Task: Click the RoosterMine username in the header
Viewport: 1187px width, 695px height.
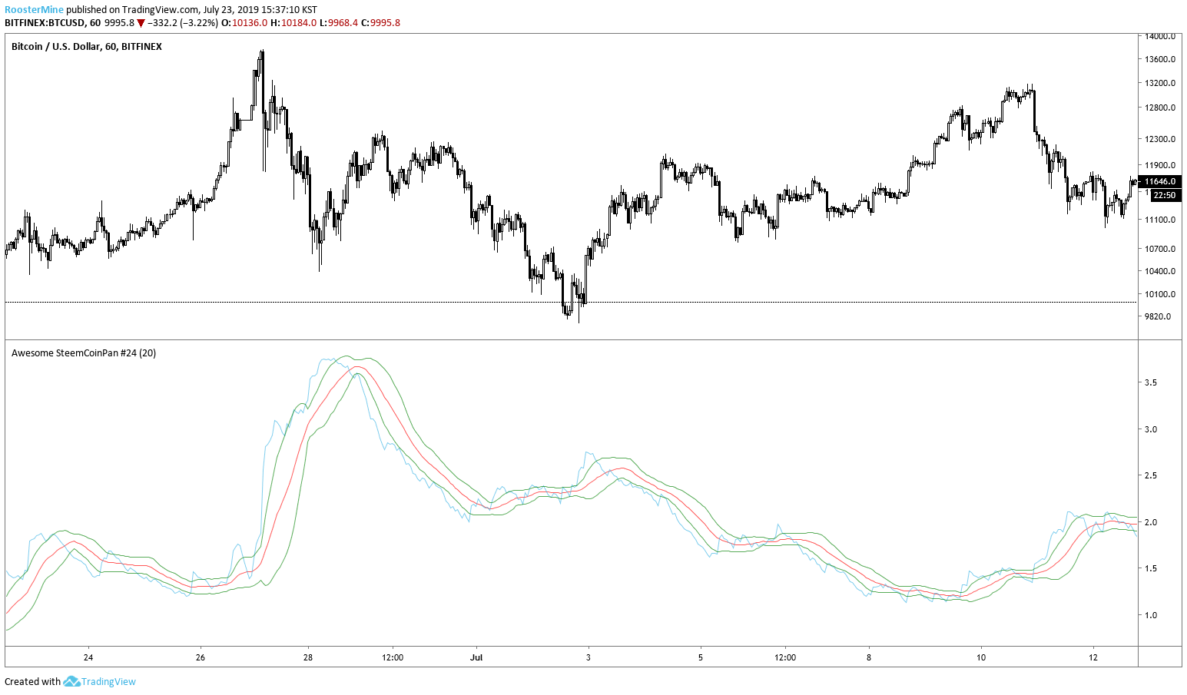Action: (x=34, y=10)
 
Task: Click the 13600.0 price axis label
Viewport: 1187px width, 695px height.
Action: (x=1160, y=59)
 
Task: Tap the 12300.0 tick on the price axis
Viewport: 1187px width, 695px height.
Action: (x=1160, y=139)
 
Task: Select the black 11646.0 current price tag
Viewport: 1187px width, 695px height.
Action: (x=1159, y=182)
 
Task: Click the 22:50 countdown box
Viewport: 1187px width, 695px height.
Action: (x=1165, y=195)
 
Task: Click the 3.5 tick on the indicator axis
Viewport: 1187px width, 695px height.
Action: (x=1151, y=382)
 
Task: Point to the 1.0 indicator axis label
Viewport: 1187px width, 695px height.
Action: (x=1151, y=615)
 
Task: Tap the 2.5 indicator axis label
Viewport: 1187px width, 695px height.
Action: (x=1151, y=476)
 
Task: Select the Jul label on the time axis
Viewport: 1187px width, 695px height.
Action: (x=476, y=657)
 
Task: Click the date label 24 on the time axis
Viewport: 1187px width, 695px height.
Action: (x=88, y=657)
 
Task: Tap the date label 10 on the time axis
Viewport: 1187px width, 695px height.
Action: (x=981, y=657)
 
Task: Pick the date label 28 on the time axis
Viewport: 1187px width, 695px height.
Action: (x=308, y=657)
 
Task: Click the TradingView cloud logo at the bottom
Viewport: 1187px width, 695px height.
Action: (x=71, y=681)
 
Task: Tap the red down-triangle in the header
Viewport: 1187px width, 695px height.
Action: (x=141, y=23)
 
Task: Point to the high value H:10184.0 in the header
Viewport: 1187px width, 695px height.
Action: (x=299, y=23)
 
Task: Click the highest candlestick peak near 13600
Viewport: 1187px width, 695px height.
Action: (x=262, y=52)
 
